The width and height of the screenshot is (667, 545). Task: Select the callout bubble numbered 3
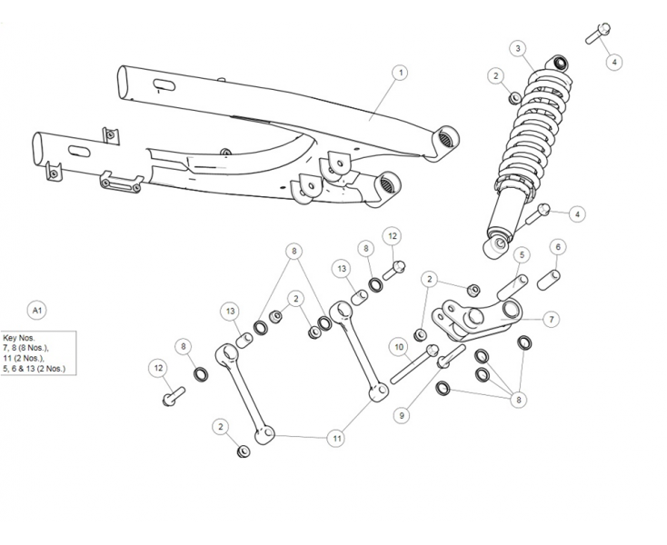click(x=517, y=48)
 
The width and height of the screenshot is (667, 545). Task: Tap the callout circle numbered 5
click(x=522, y=254)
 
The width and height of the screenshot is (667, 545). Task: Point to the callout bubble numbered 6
click(x=558, y=247)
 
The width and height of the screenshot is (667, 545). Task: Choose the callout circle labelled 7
click(x=551, y=320)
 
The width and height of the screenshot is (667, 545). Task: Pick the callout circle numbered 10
click(x=398, y=346)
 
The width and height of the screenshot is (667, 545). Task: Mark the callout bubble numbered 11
click(x=337, y=438)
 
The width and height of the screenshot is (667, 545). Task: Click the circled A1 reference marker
click(x=37, y=311)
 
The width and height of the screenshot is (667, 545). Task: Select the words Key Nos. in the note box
click(x=19, y=337)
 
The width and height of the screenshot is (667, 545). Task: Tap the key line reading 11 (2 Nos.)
click(x=25, y=359)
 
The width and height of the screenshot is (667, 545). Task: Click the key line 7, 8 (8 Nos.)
click(x=26, y=348)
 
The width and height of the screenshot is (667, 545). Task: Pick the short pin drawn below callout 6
click(x=548, y=278)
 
